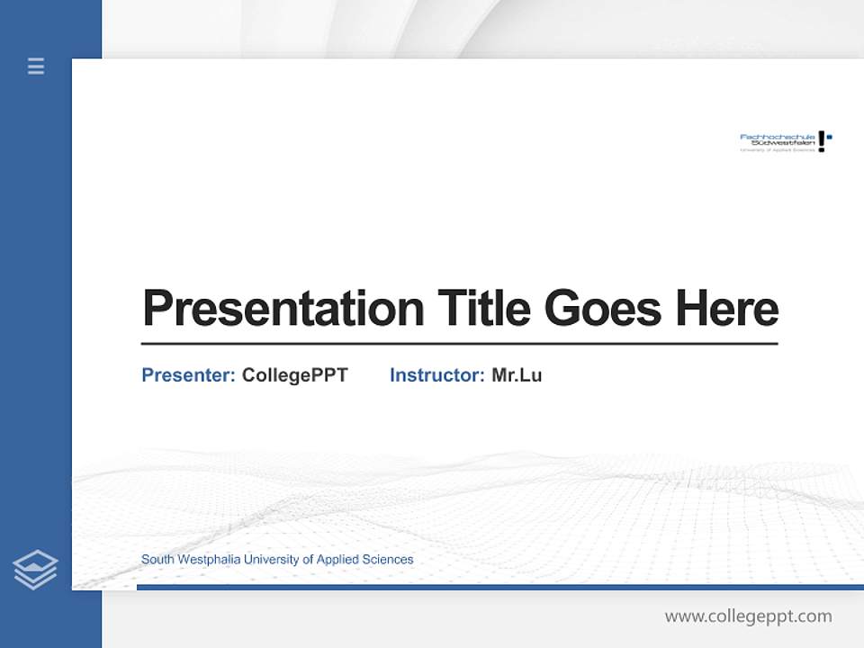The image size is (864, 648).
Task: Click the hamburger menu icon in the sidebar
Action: (x=36, y=66)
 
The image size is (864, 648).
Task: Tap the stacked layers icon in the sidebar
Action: (x=35, y=570)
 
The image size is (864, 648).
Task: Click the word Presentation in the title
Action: (x=283, y=309)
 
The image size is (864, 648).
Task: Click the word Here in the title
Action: (x=726, y=308)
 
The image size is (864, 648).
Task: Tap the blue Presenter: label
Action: (x=188, y=375)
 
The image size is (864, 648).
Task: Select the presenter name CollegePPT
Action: (x=294, y=375)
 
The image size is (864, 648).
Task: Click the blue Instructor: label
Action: (x=436, y=375)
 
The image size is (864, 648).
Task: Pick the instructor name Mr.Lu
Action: (x=517, y=375)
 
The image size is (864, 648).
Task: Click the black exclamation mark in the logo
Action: (x=821, y=141)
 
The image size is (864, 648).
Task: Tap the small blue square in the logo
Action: (x=829, y=137)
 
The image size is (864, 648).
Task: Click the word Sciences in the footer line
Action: (x=389, y=560)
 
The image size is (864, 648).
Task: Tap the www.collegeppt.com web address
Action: (x=748, y=616)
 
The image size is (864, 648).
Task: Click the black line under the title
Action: (x=459, y=343)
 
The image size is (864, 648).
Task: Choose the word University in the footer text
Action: (x=269, y=560)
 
